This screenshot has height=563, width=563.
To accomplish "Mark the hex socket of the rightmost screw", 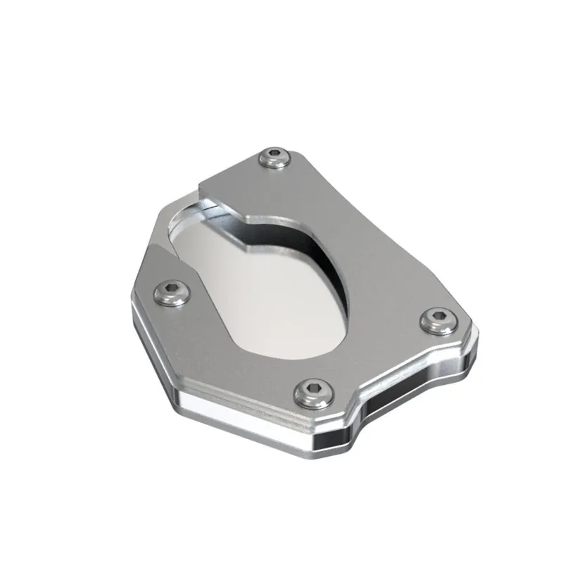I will coord(436,317).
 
